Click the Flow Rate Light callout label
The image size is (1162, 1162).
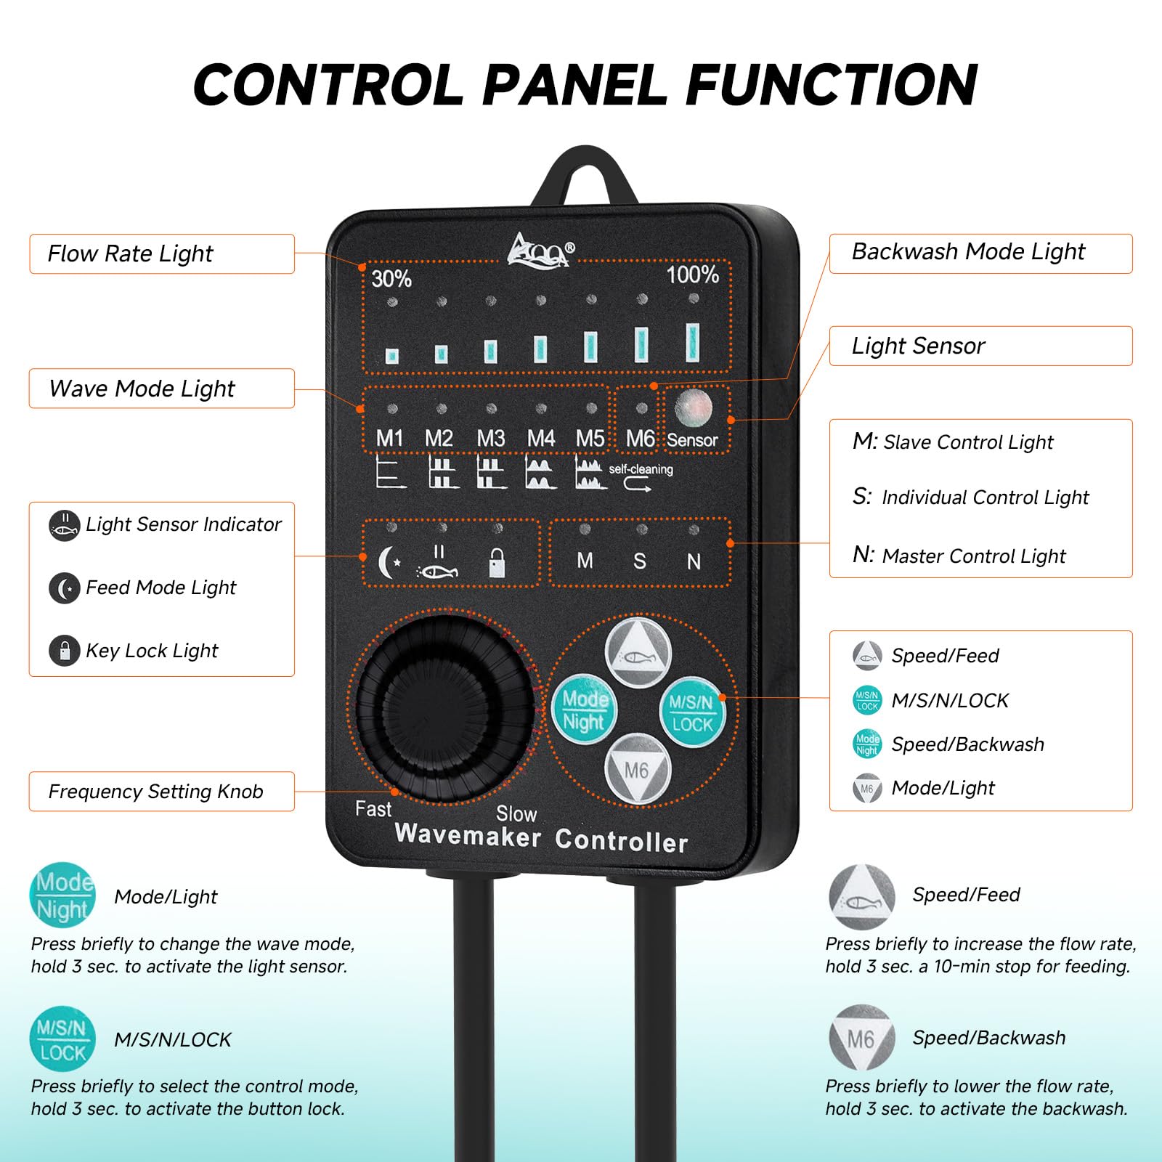162,253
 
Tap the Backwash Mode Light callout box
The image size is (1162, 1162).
980,253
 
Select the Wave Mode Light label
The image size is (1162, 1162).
162,389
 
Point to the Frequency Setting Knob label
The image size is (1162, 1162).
162,791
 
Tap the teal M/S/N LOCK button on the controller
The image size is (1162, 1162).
691,712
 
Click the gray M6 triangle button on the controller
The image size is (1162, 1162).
637,769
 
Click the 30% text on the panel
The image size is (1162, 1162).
391,278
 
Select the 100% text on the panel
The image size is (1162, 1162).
693,275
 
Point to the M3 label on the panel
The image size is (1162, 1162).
491,439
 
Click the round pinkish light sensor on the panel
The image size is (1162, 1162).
694,408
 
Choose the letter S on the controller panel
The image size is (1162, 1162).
640,561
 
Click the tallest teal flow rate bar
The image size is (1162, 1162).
693,342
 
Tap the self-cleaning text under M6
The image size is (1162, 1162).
641,469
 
